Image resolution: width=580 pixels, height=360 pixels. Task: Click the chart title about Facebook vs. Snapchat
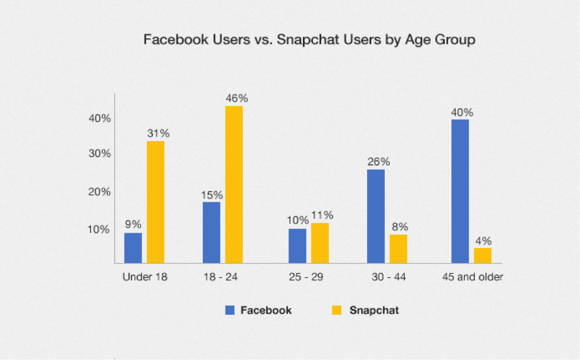[309, 40]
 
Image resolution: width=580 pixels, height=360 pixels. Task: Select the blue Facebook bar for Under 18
[133, 248]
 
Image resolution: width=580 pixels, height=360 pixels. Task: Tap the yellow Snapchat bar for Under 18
[155, 202]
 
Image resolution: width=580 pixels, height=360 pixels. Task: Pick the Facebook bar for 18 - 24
[211, 232]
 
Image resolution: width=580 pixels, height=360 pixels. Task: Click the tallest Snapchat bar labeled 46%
[234, 184]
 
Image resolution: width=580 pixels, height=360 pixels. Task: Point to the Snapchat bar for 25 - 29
[319, 243]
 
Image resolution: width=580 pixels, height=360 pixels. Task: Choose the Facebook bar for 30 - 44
[375, 216]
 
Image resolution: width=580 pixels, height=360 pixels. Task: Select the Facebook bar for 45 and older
[460, 191]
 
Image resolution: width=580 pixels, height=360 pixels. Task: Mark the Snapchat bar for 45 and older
[482, 255]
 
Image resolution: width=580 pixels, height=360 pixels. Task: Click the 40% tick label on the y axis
[99, 118]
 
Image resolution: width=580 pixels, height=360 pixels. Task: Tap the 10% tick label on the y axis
[99, 230]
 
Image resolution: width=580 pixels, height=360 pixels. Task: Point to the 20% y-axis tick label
[99, 192]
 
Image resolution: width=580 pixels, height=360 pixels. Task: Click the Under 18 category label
[145, 277]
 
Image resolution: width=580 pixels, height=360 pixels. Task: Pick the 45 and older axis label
[473, 277]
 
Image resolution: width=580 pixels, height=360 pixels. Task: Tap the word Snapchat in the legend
[374, 310]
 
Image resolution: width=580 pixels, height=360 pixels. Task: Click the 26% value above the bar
[378, 161]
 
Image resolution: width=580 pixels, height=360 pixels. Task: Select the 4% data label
[483, 241]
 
